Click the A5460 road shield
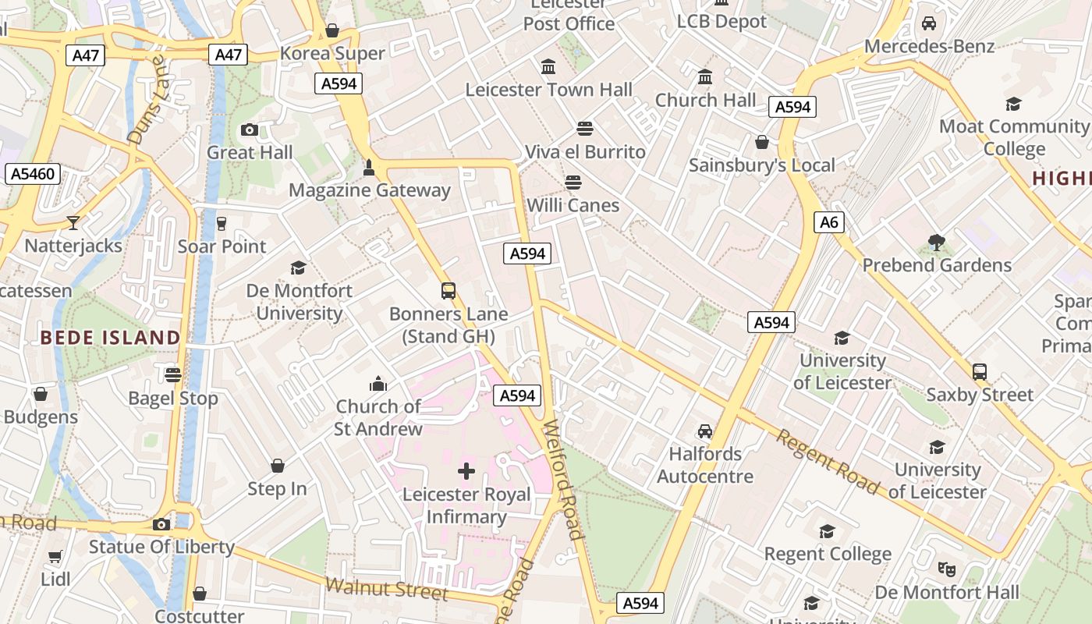tap(32, 173)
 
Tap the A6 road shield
tap(828, 222)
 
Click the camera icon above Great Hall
tap(250, 129)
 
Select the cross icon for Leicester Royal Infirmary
tap(466, 471)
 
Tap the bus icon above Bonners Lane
tap(448, 291)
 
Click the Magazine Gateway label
tap(370, 190)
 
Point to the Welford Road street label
tap(563, 480)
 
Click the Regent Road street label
tap(828, 461)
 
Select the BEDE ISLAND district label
tap(110, 338)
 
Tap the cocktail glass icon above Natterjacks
tap(73, 223)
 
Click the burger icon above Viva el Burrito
tap(585, 128)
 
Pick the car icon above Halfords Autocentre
tap(705, 431)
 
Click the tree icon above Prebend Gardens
tap(937, 243)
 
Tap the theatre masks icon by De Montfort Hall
tap(946, 569)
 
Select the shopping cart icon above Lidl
tap(55, 556)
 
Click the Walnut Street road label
tap(387, 588)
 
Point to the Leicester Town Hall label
tap(549, 90)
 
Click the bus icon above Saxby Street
tap(980, 372)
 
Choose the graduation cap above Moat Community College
tap(1013, 104)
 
